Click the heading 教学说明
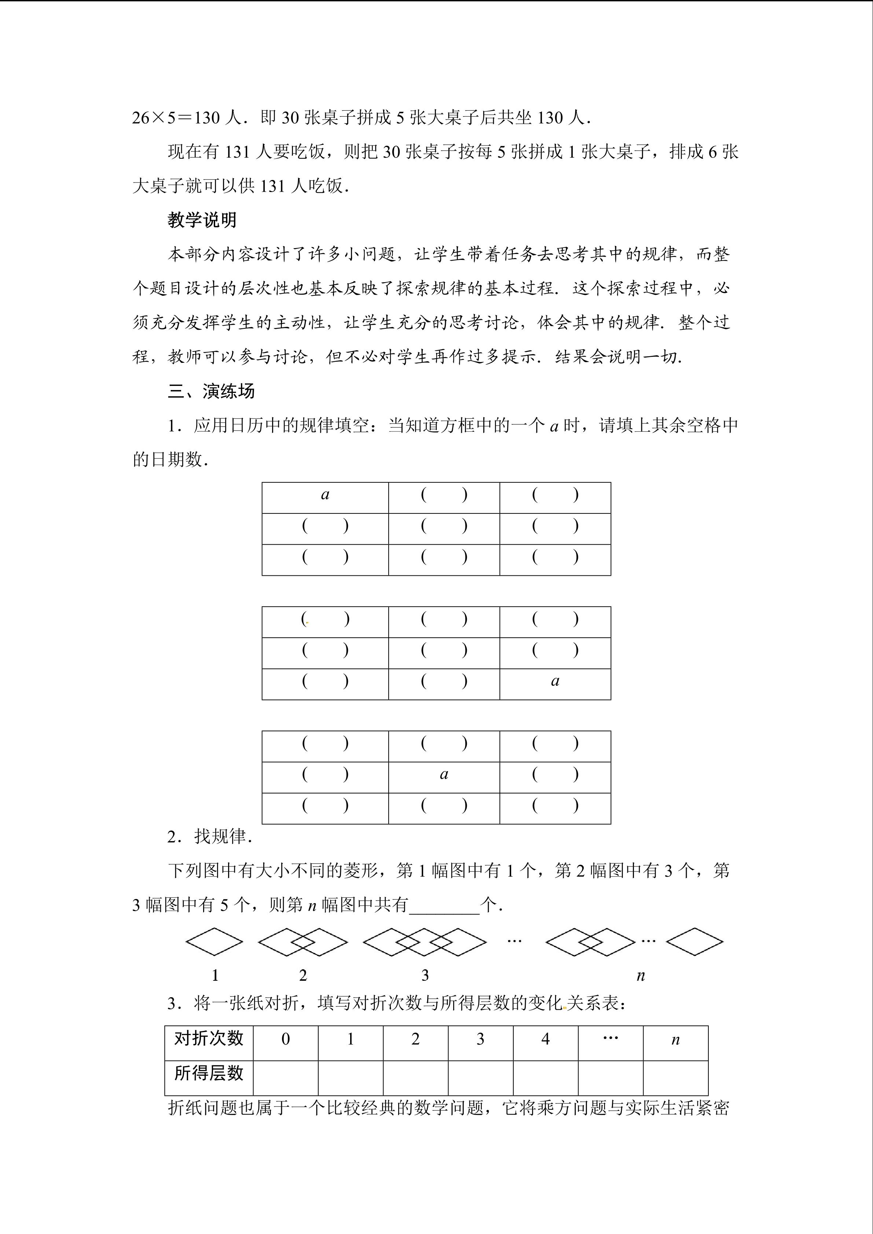click(202, 220)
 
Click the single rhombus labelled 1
click(214, 942)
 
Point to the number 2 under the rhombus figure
click(302, 976)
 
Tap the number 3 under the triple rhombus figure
click(425, 976)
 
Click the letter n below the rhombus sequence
click(640, 976)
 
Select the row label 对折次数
click(209, 1038)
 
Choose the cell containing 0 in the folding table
click(286, 1039)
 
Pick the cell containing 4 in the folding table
click(545, 1039)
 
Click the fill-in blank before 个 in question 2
click(444, 905)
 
